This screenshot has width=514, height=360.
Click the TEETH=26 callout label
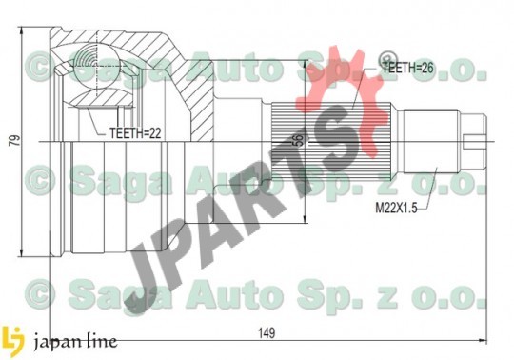click(407, 68)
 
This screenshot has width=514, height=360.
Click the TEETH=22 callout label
click(135, 133)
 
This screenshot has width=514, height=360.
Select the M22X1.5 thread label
click(396, 208)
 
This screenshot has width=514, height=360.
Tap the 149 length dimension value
click(267, 333)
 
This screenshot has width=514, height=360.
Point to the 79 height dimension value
click(14, 141)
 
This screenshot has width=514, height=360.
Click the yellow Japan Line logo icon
click(12, 341)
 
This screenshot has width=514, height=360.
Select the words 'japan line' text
click(75, 342)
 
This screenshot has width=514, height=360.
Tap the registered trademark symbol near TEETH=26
click(387, 59)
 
